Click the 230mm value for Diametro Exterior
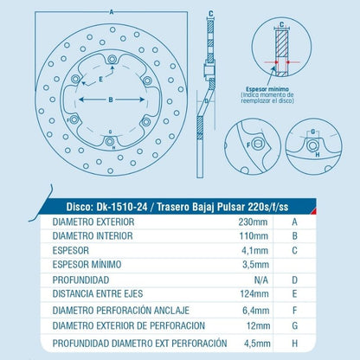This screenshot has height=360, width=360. tap(253, 222)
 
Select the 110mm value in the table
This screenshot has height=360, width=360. tap(254, 236)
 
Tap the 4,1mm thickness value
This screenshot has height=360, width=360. tap(254, 250)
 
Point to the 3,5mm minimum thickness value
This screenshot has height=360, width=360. tap(255, 265)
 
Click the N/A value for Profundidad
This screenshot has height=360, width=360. tap(260, 280)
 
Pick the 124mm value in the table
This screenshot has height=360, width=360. tap(254, 294)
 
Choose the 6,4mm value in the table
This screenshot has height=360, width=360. tap(256, 311)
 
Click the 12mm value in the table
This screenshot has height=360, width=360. tap(258, 326)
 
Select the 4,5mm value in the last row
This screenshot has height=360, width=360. tap(257, 344)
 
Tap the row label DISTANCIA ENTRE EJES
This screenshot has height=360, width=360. tap(98, 294)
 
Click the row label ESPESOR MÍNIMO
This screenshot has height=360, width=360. tap(87, 264)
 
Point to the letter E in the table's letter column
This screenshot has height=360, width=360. tap(294, 294)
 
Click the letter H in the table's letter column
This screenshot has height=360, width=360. tap(294, 344)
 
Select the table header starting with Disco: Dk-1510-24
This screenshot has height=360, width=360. tap(177, 207)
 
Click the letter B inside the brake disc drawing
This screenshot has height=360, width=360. tap(111, 100)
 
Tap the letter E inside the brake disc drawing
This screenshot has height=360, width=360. tap(100, 79)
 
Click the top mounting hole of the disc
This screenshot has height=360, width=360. tap(112, 60)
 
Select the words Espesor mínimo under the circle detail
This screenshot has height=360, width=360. tap(267, 89)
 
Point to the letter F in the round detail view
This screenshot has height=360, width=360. tap(248, 145)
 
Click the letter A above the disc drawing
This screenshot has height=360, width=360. tap(112, 12)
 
